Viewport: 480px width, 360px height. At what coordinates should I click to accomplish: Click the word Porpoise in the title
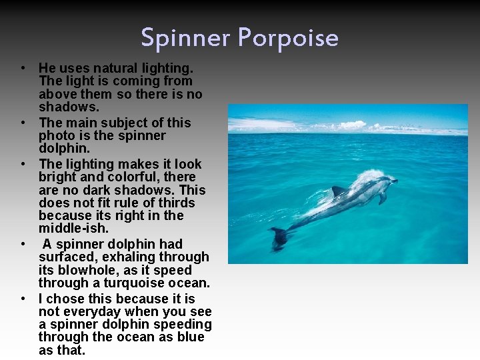[x=294, y=38]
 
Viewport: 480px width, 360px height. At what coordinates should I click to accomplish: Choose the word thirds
[x=173, y=203]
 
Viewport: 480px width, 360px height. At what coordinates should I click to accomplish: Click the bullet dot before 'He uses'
[x=23, y=67]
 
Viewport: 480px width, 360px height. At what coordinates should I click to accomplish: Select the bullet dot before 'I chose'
[x=23, y=298]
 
